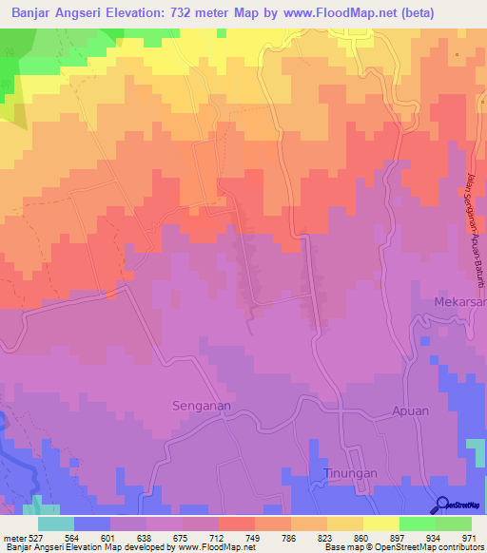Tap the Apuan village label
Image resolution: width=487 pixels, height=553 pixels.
[410, 411]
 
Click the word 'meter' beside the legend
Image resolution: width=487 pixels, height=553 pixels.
[13, 536]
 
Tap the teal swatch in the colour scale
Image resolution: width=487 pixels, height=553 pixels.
[56, 524]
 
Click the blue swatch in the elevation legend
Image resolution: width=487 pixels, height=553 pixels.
[92, 524]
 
